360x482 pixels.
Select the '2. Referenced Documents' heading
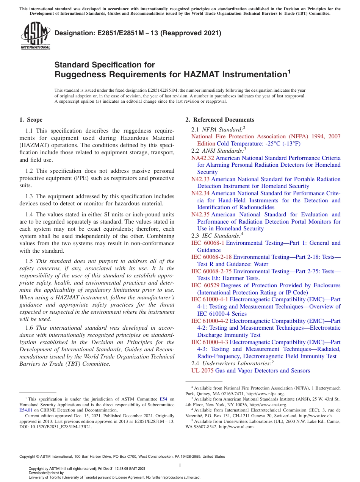[x=219, y=120]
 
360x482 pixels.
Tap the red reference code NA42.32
[x=203, y=158]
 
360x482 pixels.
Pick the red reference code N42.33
[x=200, y=179]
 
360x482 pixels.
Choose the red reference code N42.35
[x=200, y=214]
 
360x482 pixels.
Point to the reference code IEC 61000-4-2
[x=210, y=321]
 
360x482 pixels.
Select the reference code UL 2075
[x=202, y=371]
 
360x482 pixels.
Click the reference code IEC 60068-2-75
[x=211, y=271]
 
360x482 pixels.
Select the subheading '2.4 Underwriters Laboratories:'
[x=232, y=363]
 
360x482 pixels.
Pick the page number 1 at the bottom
[x=180, y=465]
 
